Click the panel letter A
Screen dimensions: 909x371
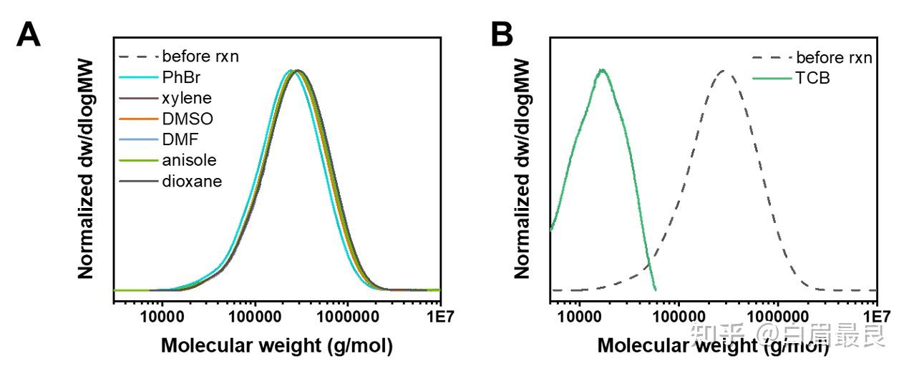point(29,34)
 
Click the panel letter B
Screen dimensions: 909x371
point(502,34)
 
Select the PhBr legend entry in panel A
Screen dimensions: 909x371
point(160,77)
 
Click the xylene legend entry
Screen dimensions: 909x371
point(165,98)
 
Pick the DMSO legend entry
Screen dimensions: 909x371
point(166,119)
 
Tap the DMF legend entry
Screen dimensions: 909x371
point(159,139)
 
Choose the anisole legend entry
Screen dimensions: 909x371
point(167,161)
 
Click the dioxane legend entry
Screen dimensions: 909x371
point(170,182)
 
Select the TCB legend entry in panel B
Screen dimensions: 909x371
point(792,78)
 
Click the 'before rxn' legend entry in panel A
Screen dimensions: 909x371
point(179,56)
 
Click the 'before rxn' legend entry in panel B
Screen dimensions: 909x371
point(812,58)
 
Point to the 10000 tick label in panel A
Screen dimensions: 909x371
point(162,317)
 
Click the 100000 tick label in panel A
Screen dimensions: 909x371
point(255,317)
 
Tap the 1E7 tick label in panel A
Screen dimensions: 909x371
point(440,317)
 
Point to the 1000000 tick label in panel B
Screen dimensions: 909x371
point(777,317)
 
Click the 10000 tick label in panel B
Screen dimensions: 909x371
point(580,317)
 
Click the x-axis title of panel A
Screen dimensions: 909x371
point(277,346)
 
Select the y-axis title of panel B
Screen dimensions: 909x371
point(522,169)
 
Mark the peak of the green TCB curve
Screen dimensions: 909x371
point(602,70)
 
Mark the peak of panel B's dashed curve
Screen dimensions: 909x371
point(724,71)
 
